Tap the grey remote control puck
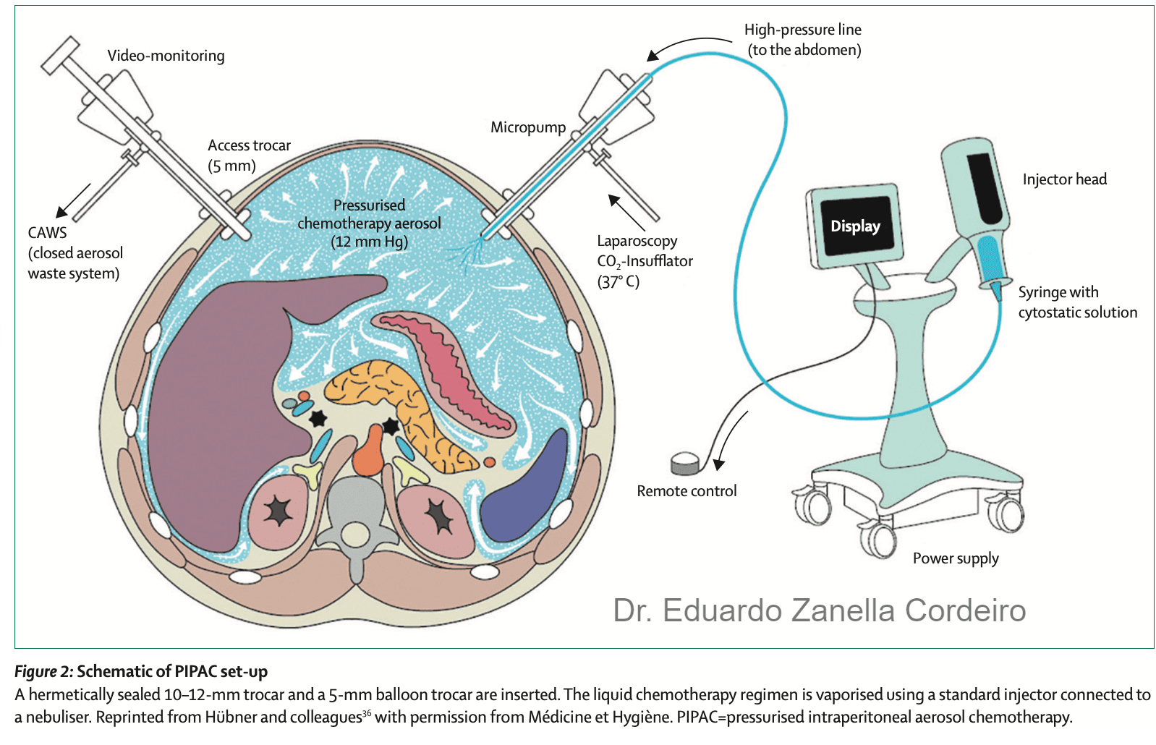[686, 464]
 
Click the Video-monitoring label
[166, 56]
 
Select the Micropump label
[528, 127]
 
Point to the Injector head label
[1065, 179]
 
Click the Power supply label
[956, 558]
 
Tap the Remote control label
[687, 490]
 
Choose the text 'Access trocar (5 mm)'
[250, 156]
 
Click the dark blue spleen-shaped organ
[525, 491]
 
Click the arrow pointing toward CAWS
[73, 200]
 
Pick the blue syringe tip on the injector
[997, 291]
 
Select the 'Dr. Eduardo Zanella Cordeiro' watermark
[820, 610]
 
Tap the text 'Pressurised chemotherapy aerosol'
[369, 214]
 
